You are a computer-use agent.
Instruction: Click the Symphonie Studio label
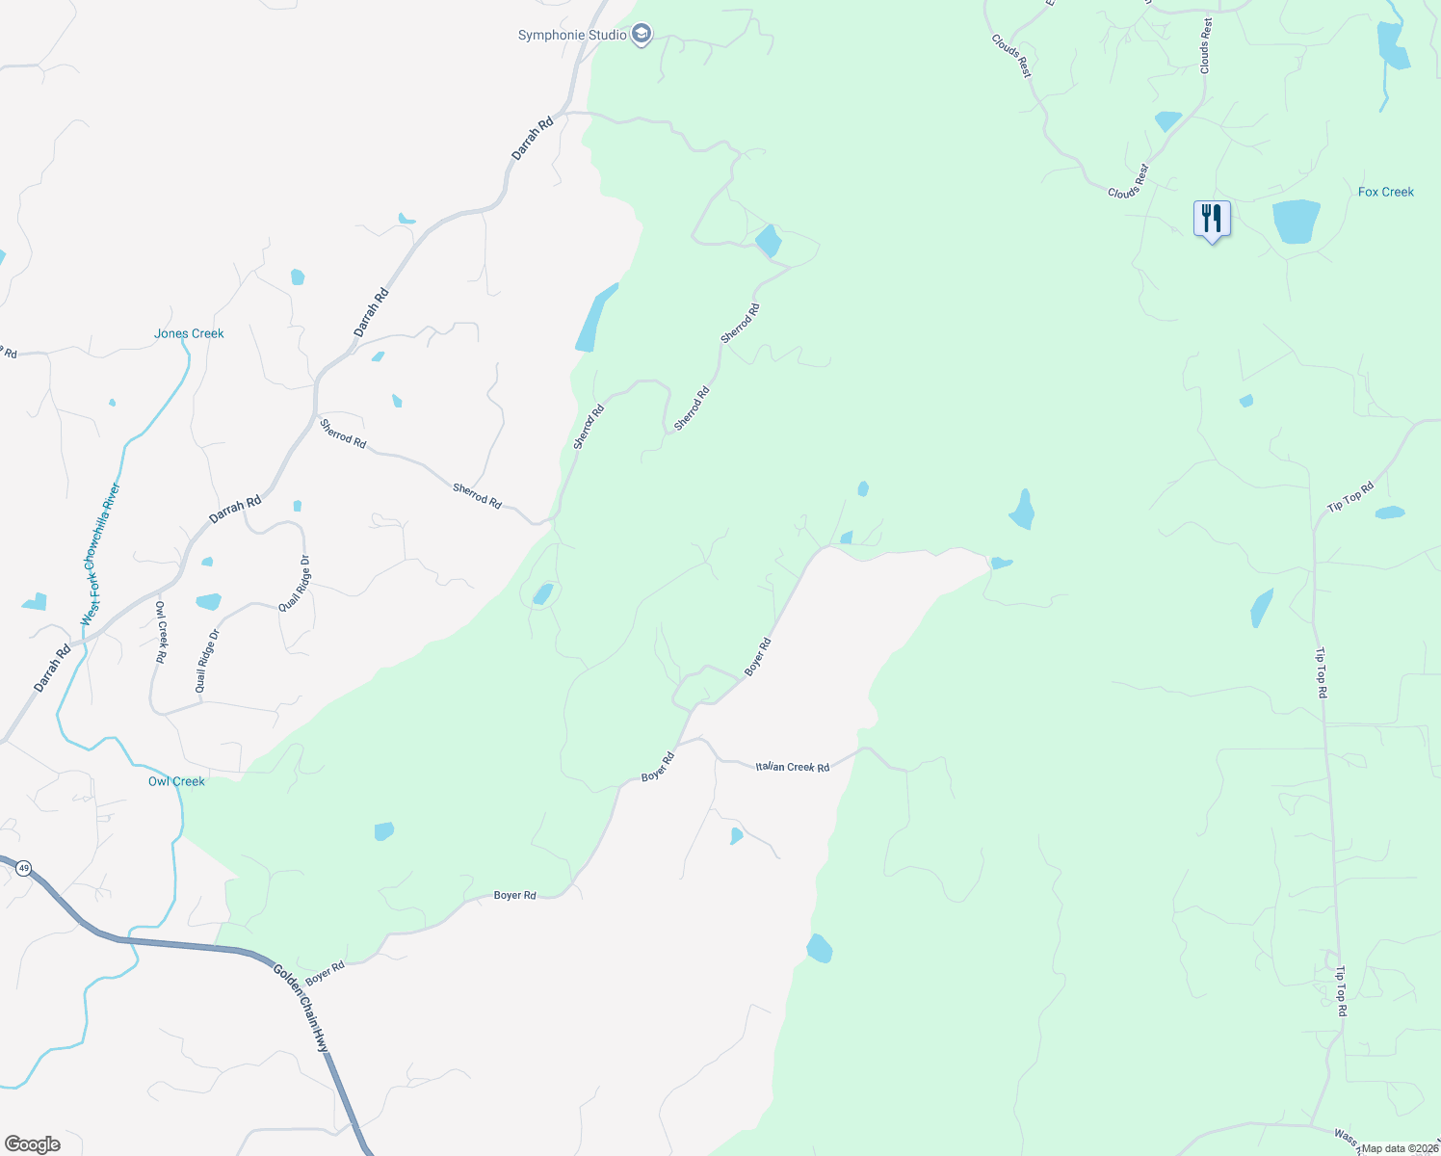click(564, 36)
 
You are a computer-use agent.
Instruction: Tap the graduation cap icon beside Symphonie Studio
click(642, 36)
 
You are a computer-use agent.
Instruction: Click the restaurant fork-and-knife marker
click(1212, 219)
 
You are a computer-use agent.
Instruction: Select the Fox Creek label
click(1385, 193)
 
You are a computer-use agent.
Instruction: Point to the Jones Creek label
click(189, 334)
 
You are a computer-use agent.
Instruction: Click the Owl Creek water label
click(176, 781)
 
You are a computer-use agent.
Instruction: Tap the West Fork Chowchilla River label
click(101, 554)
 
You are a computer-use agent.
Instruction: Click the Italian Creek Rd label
click(792, 767)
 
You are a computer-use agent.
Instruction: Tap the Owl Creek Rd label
click(162, 632)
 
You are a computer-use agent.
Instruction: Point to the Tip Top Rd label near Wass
click(1340, 992)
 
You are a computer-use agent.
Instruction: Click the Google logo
click(32, 1144)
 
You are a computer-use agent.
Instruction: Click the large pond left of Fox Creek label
click(1296, 222)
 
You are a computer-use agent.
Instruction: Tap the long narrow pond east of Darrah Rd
click(594, 319)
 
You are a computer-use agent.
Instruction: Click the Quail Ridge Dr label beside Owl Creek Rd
click(207, 660)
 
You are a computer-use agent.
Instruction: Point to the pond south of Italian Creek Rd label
click(736, 835)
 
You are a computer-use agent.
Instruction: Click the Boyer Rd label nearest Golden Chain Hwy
click(325, 973)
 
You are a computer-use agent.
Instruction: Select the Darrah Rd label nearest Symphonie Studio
click(533, 138)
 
